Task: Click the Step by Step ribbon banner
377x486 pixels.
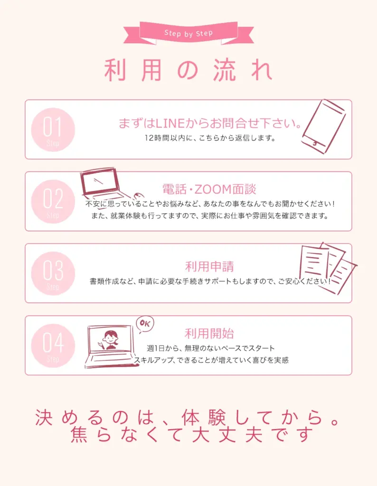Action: [x=188, y=33]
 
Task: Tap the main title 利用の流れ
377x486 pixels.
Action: [x=188, y=70]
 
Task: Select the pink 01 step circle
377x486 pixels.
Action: [x=53, y=130]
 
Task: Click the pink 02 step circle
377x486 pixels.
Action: [x=53, y=201]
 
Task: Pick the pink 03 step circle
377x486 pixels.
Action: [x=53, y=273]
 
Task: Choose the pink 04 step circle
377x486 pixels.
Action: [x=53, y=346]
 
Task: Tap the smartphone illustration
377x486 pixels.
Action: [x=324, y=126]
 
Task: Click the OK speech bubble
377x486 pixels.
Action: [x=145, y=324]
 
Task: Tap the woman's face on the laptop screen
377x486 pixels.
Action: [x=110, y=338]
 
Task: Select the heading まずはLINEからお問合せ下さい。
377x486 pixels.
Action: [x=210, y=123]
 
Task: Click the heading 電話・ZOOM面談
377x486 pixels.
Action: [x=209, y=189]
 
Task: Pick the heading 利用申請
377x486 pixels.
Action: [x=209, y=266]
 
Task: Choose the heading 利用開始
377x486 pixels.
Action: [x=209, y=334]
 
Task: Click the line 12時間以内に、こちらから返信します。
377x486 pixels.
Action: [x=210, y=138]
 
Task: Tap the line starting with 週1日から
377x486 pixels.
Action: [x=211, y=348]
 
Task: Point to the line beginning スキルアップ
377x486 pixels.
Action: [x=211, y=360]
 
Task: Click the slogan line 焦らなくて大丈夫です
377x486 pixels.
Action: [x=192, y=434]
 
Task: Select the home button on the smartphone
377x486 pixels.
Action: [x=315, y=143]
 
